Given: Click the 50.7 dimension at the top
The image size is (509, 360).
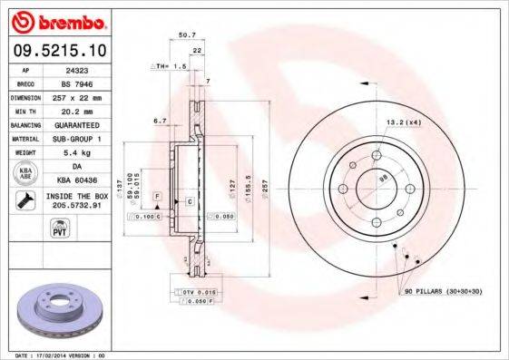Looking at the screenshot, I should (x=187, y=35).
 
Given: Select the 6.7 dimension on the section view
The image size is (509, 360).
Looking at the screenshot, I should (x=160, y=119).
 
